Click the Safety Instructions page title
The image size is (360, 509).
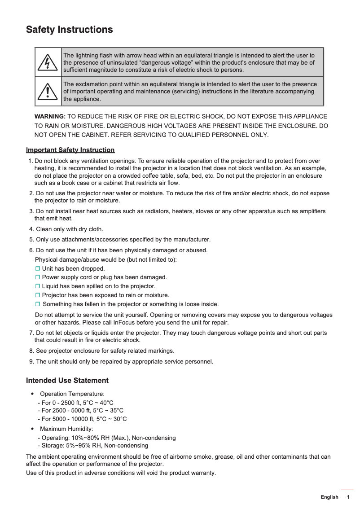click(x=69, y=30)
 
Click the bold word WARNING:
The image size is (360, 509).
click(x=50, y=117)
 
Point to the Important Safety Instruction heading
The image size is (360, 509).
click(x=70, y=150)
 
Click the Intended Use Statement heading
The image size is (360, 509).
click(x=67, y=381)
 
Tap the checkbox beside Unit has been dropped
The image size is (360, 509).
click(x=38, y=269)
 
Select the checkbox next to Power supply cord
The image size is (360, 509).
click(x=38, y=277)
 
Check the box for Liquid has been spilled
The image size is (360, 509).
click(x=38, y=286)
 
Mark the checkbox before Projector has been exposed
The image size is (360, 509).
click(x=38, y=295)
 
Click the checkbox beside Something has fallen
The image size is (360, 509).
click(x=38, y=304)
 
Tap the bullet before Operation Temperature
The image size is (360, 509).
click(x=32, y=394)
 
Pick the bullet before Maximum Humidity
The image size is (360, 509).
click(x=32, y=429)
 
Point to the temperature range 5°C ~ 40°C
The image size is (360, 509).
click(x=97, y=403)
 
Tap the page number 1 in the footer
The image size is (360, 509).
click(x=348, y=497)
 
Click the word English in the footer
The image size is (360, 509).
click(x=329, y=497)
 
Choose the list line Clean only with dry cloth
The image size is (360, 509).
click(x=69, y=229)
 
